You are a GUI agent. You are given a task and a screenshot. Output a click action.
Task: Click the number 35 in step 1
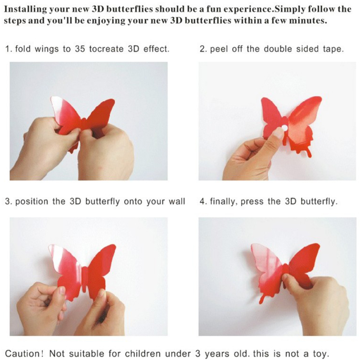80,49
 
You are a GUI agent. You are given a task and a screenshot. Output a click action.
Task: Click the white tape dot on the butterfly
284,128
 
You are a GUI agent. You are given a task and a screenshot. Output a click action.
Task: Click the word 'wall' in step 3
177,201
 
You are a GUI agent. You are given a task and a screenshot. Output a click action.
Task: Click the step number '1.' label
9,49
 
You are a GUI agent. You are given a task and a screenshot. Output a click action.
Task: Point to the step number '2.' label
204,49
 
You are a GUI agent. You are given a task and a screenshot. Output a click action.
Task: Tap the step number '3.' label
9,202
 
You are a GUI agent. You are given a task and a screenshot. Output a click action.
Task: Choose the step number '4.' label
204,202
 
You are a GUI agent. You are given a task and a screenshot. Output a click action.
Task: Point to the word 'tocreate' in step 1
106,49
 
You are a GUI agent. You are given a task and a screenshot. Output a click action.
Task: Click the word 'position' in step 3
31,202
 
